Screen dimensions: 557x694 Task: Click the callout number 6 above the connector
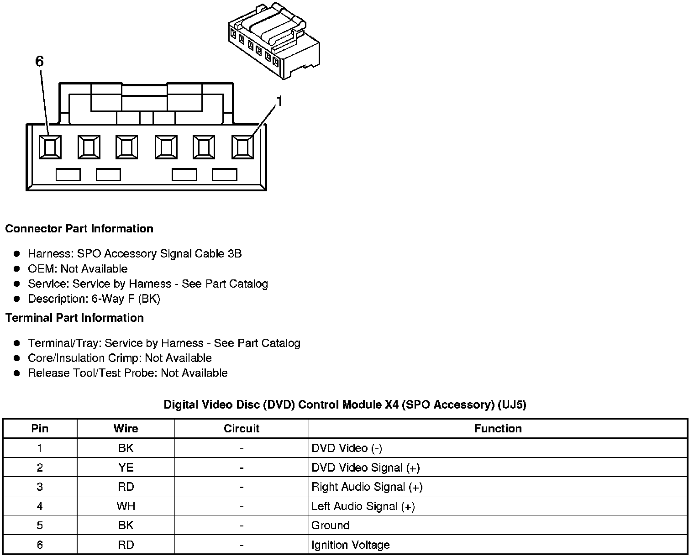[40, 61]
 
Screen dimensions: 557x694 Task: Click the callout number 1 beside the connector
[279, 101]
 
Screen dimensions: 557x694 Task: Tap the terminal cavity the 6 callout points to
[50, 147]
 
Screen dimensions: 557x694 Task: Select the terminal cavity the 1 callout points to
[242, 147]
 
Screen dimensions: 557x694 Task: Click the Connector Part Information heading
[79, 229]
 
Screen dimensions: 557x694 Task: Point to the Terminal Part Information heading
[74, 318]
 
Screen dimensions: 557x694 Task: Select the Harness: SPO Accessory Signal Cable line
[135, 254]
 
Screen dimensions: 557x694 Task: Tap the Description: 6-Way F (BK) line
[94, 299]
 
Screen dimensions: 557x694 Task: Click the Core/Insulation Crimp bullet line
[120, 358]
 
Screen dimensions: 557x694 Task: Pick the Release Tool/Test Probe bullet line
[128, 373]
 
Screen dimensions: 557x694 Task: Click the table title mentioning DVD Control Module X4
[345, 405]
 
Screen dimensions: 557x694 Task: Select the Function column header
[498, 429]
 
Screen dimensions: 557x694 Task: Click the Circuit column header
[242, 429]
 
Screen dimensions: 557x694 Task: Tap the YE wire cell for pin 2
[126, 468]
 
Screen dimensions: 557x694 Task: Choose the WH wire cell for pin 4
[126, 506]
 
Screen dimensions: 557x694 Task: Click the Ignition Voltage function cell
[350, 545]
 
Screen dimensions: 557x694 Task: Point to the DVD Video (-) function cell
[347, 448]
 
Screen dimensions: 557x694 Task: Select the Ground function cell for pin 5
[331, 525]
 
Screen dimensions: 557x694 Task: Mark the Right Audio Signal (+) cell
[367, 487]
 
